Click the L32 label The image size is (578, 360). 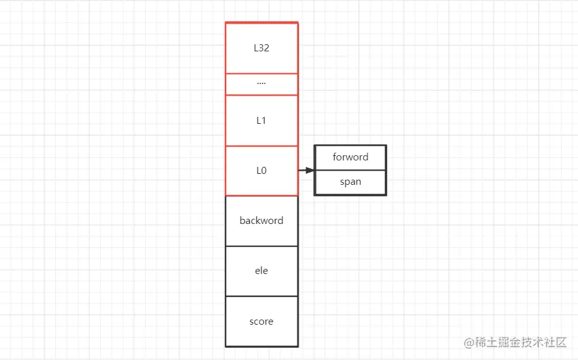click(x=261, y=48)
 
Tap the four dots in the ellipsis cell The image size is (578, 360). click(x=261, y=84)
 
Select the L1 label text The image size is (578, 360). click(x=261, y=121)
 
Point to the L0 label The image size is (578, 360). click(x=261, y=171)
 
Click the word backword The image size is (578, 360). click(x=261, y=220)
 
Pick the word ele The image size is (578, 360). click(x=261, y=270)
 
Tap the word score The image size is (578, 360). click(x=261, y=321)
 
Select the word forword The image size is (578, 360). click(x=351, y=157)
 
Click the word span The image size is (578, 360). click(x=351, y=182)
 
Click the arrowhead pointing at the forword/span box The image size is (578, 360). click(x=310, y=170)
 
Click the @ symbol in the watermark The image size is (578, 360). click(x=469, y=343)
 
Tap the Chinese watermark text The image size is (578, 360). click(x=520, y=342)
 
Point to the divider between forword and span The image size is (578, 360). click(x=350, y=170)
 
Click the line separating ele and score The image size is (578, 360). click(x=262, y=296)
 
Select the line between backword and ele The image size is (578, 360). click(x=262, y=246)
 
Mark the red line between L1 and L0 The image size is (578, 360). click(x=262, y=146)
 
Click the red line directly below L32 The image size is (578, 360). click(x=262, y=73)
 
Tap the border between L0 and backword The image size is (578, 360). click(x=262, y=196)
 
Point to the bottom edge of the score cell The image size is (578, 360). click(x=262, y=347)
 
